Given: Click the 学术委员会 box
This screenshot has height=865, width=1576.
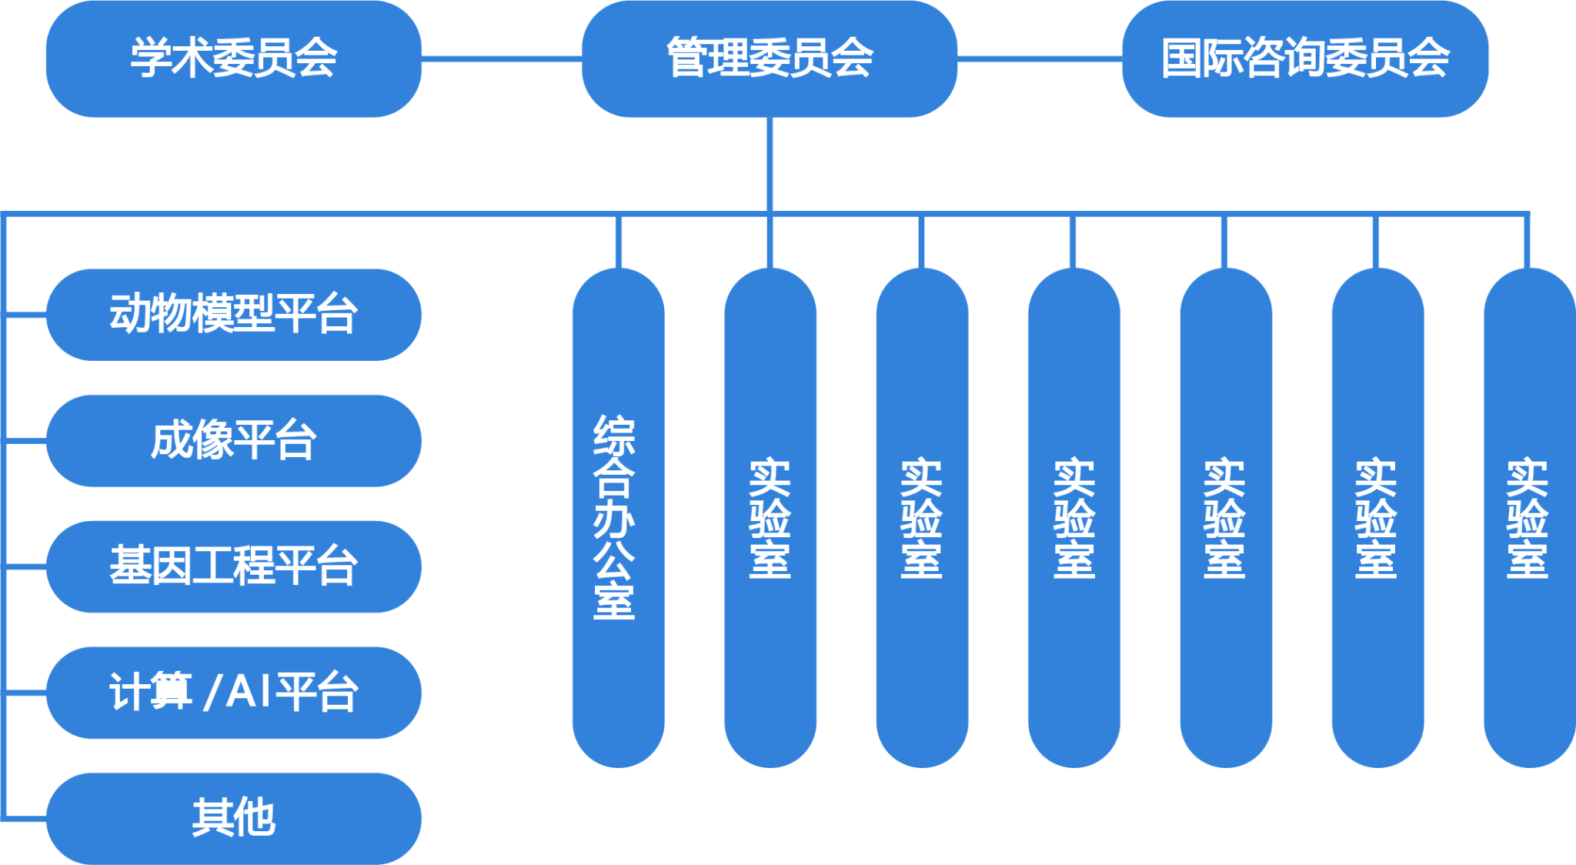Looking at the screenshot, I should pos(233,58).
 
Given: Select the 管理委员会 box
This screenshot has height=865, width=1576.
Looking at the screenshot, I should pos(769,58).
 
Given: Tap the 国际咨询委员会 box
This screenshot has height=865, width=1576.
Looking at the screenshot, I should pos(1305,58).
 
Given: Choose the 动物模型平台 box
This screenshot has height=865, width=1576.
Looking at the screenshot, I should pos(233,314).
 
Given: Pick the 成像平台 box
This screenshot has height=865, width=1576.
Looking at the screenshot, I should pos(233,440).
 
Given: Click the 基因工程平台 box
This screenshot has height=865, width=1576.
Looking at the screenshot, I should pos(233,566).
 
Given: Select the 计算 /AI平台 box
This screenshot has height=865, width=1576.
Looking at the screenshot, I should pos(233,692).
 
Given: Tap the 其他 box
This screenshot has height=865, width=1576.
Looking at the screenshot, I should pos(233,817).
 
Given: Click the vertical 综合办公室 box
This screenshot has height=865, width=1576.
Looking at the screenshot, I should pos(618,517).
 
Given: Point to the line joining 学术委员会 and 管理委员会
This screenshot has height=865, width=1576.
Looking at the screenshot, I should pos(501,58).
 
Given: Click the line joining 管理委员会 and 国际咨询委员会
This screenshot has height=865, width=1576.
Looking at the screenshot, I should pos(1040,58).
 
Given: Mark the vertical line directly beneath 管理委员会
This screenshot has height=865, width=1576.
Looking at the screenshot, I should pos(769,164).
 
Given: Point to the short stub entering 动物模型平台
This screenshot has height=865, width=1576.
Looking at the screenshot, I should pos(26,314).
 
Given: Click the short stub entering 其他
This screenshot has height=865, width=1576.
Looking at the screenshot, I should pos(26,819).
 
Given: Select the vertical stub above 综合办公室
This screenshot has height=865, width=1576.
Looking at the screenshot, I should pos(618,242).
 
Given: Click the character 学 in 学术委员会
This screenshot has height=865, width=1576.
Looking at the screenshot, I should pos(151,58).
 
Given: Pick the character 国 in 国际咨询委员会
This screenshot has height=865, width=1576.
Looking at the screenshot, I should pos(1182,58).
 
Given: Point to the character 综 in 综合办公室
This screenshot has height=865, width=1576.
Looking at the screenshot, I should pos(615,435).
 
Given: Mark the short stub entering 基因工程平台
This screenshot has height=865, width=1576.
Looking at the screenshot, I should pos(26,566).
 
